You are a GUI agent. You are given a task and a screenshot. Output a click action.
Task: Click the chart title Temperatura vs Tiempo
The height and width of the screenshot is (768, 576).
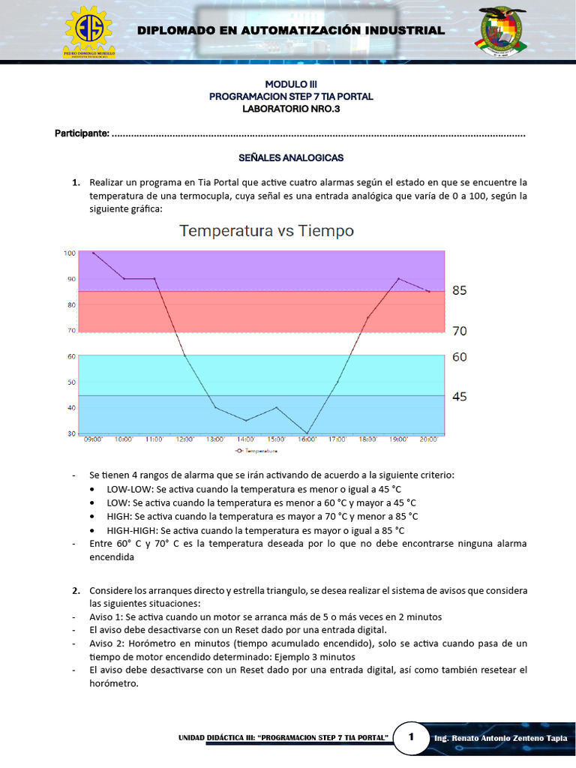point(265,231)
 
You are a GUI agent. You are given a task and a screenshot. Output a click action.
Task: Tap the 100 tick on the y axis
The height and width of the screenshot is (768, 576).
point(70,253)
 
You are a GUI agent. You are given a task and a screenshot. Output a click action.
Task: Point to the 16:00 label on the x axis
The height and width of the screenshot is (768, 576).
point(307,439)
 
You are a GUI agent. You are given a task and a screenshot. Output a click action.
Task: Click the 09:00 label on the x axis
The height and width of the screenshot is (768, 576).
point(93,439)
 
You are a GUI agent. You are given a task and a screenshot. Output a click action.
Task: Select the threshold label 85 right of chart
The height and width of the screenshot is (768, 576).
point(460,290)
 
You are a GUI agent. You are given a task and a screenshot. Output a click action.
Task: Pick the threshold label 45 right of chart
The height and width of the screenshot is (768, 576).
point(460,397)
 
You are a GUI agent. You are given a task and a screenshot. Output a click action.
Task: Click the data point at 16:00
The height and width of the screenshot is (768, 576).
point(307,433)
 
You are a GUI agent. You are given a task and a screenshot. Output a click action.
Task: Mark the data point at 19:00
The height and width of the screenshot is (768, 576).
point(398,279)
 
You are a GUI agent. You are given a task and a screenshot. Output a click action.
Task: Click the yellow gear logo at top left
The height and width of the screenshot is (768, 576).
point(88,32)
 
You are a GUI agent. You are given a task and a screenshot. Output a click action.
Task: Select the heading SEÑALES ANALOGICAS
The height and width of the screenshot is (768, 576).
point(290,158)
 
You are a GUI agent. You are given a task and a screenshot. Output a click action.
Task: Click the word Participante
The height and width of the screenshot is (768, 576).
point(82,133)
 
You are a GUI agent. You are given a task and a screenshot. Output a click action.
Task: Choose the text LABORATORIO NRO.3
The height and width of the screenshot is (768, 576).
point(290,109)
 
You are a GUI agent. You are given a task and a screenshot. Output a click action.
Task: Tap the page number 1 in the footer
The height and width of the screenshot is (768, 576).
point(410,738)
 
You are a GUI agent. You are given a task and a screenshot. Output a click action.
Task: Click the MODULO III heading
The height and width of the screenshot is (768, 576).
point(290,85)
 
